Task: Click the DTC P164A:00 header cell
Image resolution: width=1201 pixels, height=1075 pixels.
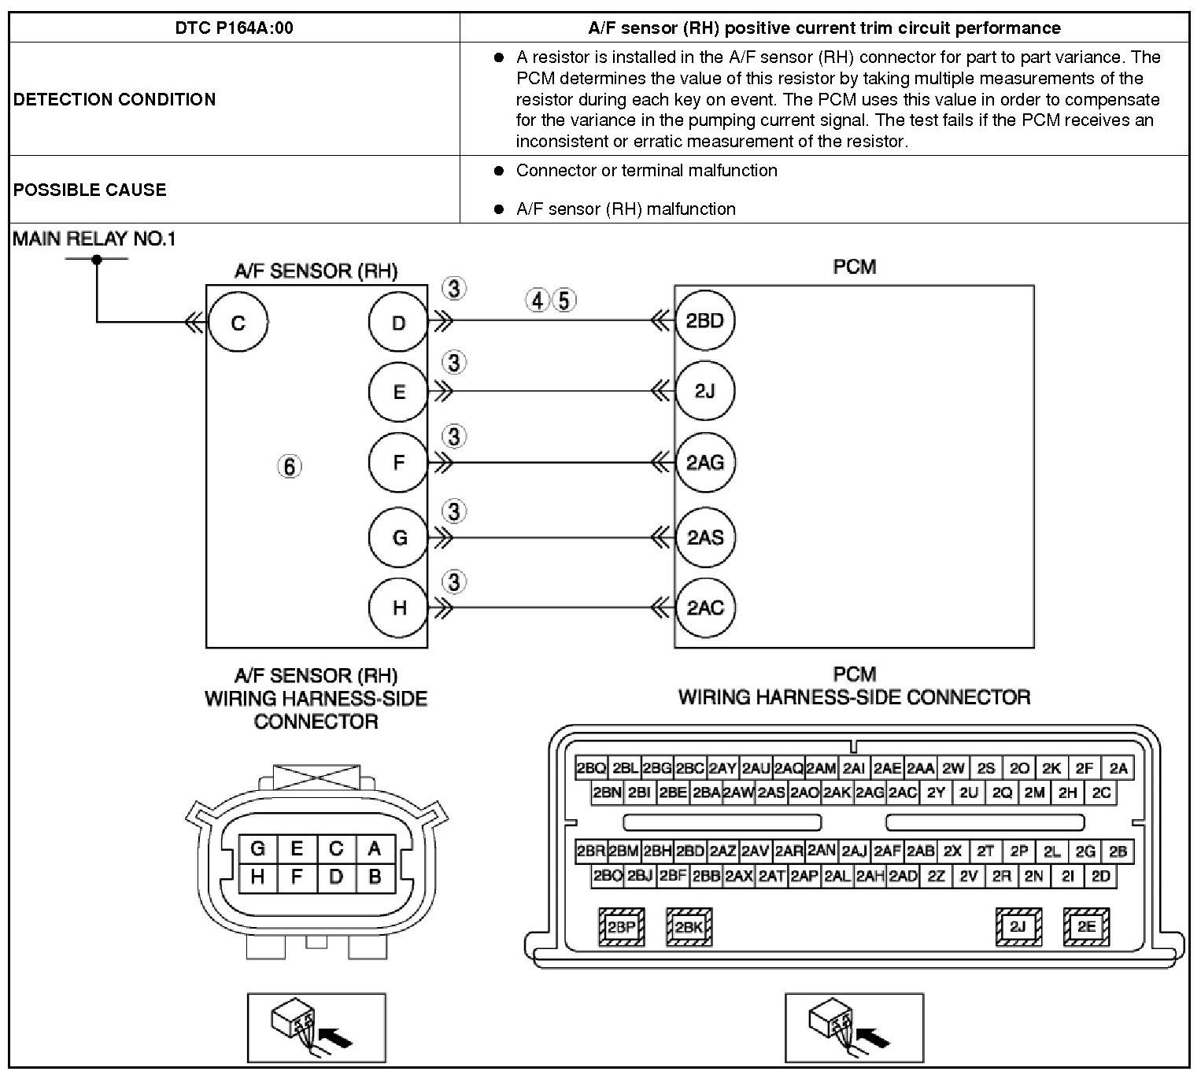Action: click(234, 28)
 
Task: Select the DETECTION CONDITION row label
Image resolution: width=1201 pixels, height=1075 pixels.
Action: click(114, 99)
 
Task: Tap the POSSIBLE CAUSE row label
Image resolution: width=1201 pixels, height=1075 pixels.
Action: click(90, 190)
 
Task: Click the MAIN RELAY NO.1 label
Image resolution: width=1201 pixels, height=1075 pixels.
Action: click(94, 239)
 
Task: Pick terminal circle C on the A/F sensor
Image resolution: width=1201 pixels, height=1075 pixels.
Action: click(238, 323)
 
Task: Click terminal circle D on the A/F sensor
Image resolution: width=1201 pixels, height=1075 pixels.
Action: click(398, 323)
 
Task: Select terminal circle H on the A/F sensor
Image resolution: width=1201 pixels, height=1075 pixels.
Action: click(399, 608)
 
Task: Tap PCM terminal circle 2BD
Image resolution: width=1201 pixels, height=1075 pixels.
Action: click(704, 321)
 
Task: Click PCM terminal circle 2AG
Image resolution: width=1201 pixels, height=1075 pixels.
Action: click(704, 463)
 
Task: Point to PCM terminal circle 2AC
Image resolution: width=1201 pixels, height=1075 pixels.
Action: click(704, 608)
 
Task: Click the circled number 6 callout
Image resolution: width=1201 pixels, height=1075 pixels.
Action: click(290, 467)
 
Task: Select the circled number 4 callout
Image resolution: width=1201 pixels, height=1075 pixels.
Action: click(538, 300)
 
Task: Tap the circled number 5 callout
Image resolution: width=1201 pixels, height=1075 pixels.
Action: click(564, 300)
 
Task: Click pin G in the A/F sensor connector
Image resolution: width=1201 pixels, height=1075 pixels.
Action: click(257, 848)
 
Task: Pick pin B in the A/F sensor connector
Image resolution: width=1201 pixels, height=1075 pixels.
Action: click(375, 877)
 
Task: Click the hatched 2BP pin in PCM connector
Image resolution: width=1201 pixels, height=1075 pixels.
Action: click(621, 927)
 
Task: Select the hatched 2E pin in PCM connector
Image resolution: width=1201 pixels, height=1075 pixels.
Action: click(1086, 927)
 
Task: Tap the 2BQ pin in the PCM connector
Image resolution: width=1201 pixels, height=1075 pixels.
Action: click(591, 768)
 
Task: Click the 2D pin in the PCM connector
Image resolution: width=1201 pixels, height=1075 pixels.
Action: click(1101, 876)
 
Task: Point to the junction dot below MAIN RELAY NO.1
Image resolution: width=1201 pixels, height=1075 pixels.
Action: click(97, 258)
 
